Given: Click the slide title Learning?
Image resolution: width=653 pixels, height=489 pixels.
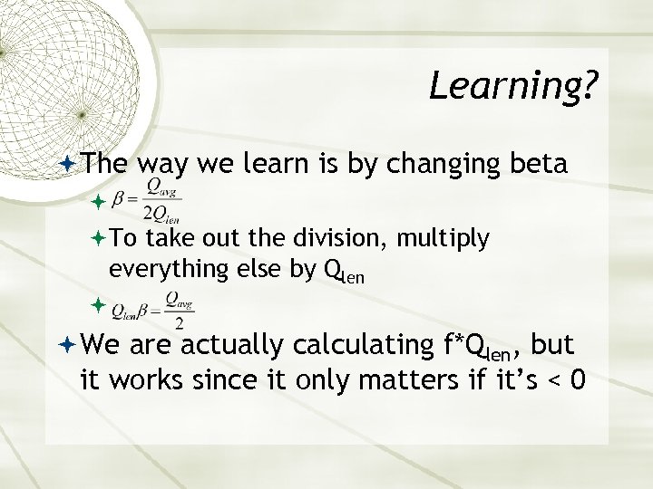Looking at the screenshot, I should (x=513, y=87).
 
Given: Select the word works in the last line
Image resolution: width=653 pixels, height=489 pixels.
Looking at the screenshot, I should (x=138, y=382).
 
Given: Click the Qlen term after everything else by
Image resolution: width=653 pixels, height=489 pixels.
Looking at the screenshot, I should (x=344, y=272).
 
